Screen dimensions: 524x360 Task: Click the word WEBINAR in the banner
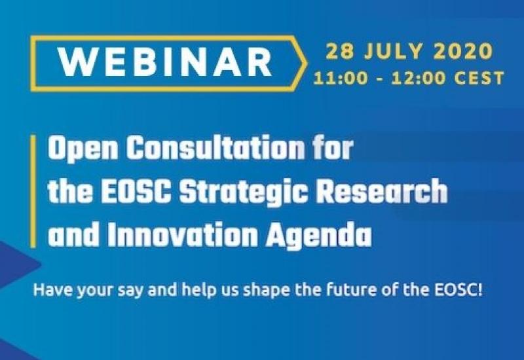tap(165, 63)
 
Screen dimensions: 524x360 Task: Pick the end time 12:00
tap(419, 79)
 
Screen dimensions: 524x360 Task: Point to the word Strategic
tap(243, 193)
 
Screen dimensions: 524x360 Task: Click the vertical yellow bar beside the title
tap(33, 191)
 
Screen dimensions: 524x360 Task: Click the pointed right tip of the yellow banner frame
tap(306, 63)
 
